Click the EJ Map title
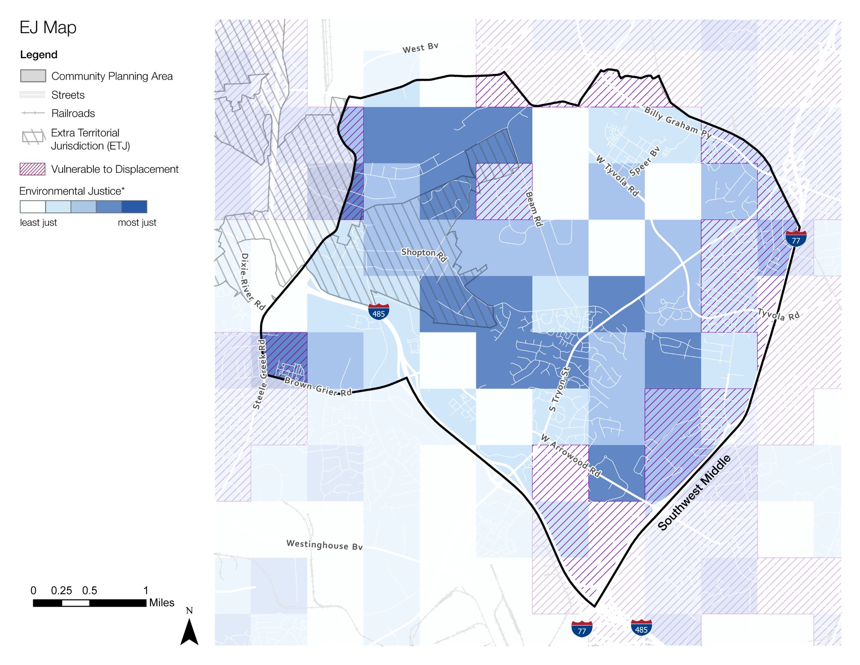[48, 28]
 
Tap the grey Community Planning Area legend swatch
[33, 76]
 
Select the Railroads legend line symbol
[33, 113]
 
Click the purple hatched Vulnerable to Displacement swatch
[33, 169]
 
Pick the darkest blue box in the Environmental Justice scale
[134, 207]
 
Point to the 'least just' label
[38, 222]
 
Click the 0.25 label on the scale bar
[61, 590]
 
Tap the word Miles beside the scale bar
[162, 603]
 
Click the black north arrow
[189, 631]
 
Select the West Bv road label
[420, 48]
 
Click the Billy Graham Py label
[677, 122]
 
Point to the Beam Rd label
[534, 209]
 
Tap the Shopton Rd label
[424, 254]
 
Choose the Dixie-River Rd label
[251, 281]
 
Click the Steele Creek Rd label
[260, 374]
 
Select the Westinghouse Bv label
[324, 545]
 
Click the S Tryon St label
[559, 389]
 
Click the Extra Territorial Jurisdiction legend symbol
[33, 137]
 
